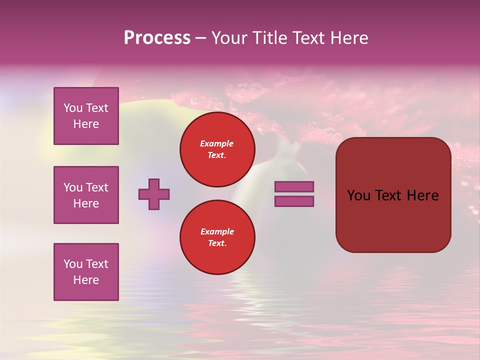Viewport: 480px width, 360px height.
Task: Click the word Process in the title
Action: click(157, 38)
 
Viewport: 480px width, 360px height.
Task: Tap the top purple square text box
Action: click(86, 116)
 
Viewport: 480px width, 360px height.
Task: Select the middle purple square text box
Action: click(86, 195)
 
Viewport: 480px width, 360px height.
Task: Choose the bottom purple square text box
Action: click(86, 272)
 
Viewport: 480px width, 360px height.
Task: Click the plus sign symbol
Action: click(154, 194)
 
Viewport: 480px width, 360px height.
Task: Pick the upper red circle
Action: click(217, 149)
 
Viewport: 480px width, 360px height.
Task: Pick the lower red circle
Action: click(217, 237)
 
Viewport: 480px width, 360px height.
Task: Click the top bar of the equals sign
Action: click(294, 186)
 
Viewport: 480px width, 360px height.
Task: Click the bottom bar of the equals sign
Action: click(294, 201)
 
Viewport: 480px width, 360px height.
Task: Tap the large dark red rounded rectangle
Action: click(393, 194)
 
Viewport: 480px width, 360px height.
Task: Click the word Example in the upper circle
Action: click(216, 143)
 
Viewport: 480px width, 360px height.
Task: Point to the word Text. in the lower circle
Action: click(217, 243)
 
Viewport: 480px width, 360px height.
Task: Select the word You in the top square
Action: click(73, 108)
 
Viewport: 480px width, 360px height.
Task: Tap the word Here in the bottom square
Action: click(86, 280)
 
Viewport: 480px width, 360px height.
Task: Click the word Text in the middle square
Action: click(97, 187)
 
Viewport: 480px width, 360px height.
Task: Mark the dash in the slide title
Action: click(201, 38)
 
